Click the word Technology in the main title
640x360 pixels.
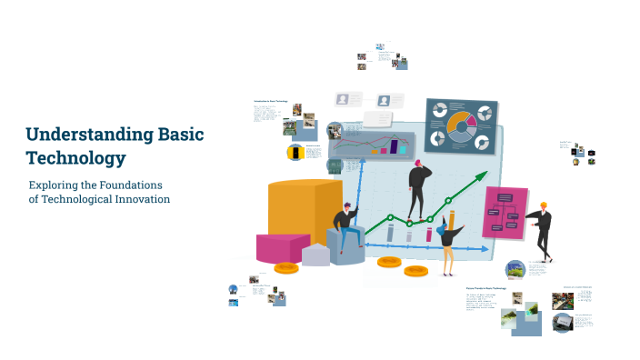(75, 158)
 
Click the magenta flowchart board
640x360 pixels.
(505, 214)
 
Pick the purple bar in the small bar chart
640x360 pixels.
(395, 144)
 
